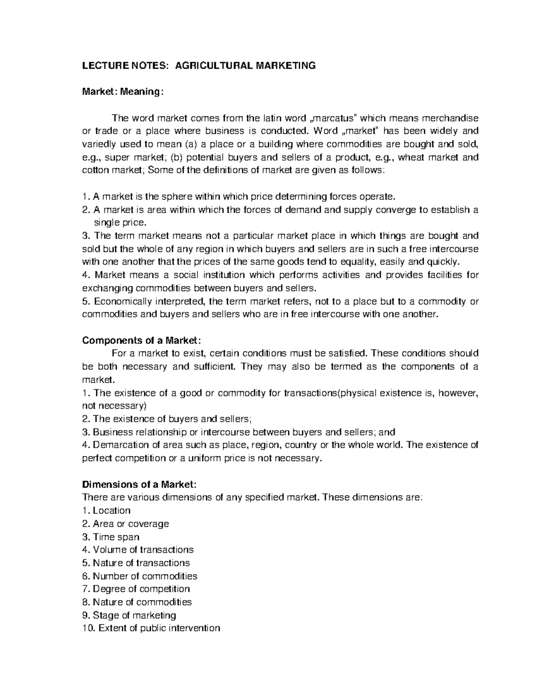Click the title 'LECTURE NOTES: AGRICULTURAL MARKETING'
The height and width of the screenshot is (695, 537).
click(x=199, y=66)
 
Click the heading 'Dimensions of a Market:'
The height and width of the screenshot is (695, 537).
click(x=139, y=484)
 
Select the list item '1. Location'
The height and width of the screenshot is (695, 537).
click(x=107, y=511)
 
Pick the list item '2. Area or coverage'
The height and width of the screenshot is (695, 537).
click(x=126, y=524)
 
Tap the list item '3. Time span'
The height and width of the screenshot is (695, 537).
click(x=111, y=537)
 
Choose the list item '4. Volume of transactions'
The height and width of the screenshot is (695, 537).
click(x=138, y=550)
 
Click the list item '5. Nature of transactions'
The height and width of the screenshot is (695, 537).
click(x=136, y=563)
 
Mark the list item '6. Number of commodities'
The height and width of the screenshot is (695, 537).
click(x=140, y=576)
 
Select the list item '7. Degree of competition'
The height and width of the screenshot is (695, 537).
click(x=136, y=588)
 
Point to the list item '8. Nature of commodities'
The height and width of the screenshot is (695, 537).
click(x=137, y=602)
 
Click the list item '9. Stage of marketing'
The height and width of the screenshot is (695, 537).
click(x=129, y=615)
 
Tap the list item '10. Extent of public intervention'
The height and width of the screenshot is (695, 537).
click(x=151, y=628)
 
